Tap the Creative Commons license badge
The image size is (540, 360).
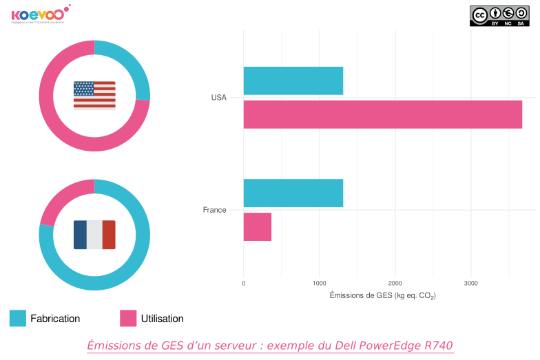pos(499,16)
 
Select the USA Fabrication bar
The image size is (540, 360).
pos(293,81)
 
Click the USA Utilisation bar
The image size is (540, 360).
pos(382,114)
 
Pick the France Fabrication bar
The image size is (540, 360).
pos(293,193)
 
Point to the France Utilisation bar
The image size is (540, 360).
pos(257,226)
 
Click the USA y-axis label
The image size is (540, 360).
pos(218,98)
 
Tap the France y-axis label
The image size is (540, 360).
pos(214,210)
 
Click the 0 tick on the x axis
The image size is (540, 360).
pos(244,283)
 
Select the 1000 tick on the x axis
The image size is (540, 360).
pos(319,283)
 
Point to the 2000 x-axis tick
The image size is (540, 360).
pos(395,283)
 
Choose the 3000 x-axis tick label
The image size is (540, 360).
pos(470,283)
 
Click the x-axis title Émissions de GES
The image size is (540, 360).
pos(382,295)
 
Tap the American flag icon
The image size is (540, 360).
pos(94,95)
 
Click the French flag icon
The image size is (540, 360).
pos(94,235)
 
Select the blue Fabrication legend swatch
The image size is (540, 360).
pos(18,318)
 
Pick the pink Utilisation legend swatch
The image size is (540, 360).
pos(128,318)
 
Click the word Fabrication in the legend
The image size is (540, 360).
pos(55,319)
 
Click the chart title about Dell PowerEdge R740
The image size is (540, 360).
pos(270,345)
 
